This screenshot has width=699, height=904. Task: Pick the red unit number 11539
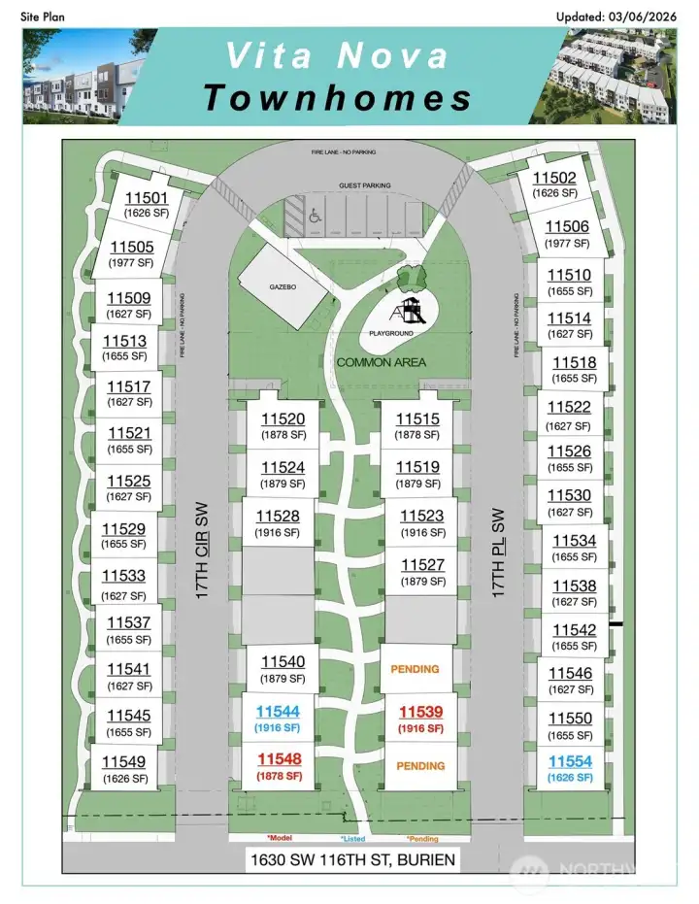click(x=420, y=712)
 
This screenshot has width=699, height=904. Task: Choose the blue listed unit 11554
click(x=570, y=762)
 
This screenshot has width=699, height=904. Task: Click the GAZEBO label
click(x=283, y=288)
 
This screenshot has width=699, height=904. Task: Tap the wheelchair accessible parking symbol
click(x=316, y=218)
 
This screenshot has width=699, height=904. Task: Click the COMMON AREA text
click(x=381, y=362)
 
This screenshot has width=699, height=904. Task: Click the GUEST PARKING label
click(x=363, y=185)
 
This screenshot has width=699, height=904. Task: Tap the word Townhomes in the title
click(x=339, y=97)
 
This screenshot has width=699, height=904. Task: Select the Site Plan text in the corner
click(x=42, y=17)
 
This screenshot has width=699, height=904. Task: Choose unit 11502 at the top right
click(x=555, y=178)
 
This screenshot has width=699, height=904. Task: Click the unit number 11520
click(x=283, y=419)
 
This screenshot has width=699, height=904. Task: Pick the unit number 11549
click(x=123, y=762)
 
